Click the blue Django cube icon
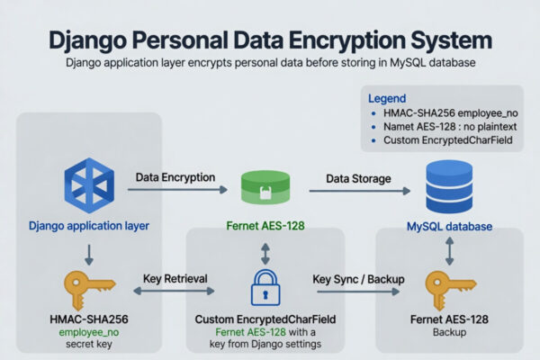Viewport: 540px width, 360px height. (x=89, y=185)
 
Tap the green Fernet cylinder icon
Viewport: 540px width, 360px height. (x=265, y=187)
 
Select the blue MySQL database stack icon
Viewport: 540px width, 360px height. (x=449, y=186)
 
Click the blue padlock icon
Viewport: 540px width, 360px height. (x=265, y=288)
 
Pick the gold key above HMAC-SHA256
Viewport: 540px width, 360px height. (x=89, y=290)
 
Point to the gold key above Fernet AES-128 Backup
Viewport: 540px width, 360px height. (x=450, y=290)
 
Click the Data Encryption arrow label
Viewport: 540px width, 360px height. (x=175, y=177)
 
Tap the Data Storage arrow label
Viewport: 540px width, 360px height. (x=358, y=179)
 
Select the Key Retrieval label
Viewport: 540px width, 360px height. (x=175, y=279)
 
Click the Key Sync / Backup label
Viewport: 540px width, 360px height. (x=358, y=279)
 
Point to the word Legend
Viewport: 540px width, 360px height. (x=387, y=98)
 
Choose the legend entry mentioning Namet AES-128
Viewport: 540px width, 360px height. (x=450, y=127)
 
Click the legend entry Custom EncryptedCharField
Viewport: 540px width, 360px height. (x=447, y=140)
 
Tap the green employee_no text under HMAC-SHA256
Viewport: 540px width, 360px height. (x=89, y=332)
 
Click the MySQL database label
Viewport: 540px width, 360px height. (x=449, y=227)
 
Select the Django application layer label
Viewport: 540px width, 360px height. (x=89, y=226)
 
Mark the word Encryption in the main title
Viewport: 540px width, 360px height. (x=347, y=40)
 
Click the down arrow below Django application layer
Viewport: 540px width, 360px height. (x=89, y=255)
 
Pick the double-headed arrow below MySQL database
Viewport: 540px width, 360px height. (x=449, y=251)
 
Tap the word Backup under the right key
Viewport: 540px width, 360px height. (x=449, y=332)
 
